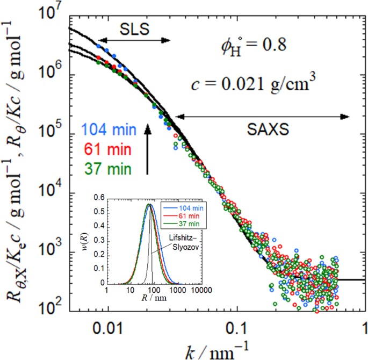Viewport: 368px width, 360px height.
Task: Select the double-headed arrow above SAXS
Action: pos(263,115)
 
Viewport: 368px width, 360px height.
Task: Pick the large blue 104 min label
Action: pos(111,129)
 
